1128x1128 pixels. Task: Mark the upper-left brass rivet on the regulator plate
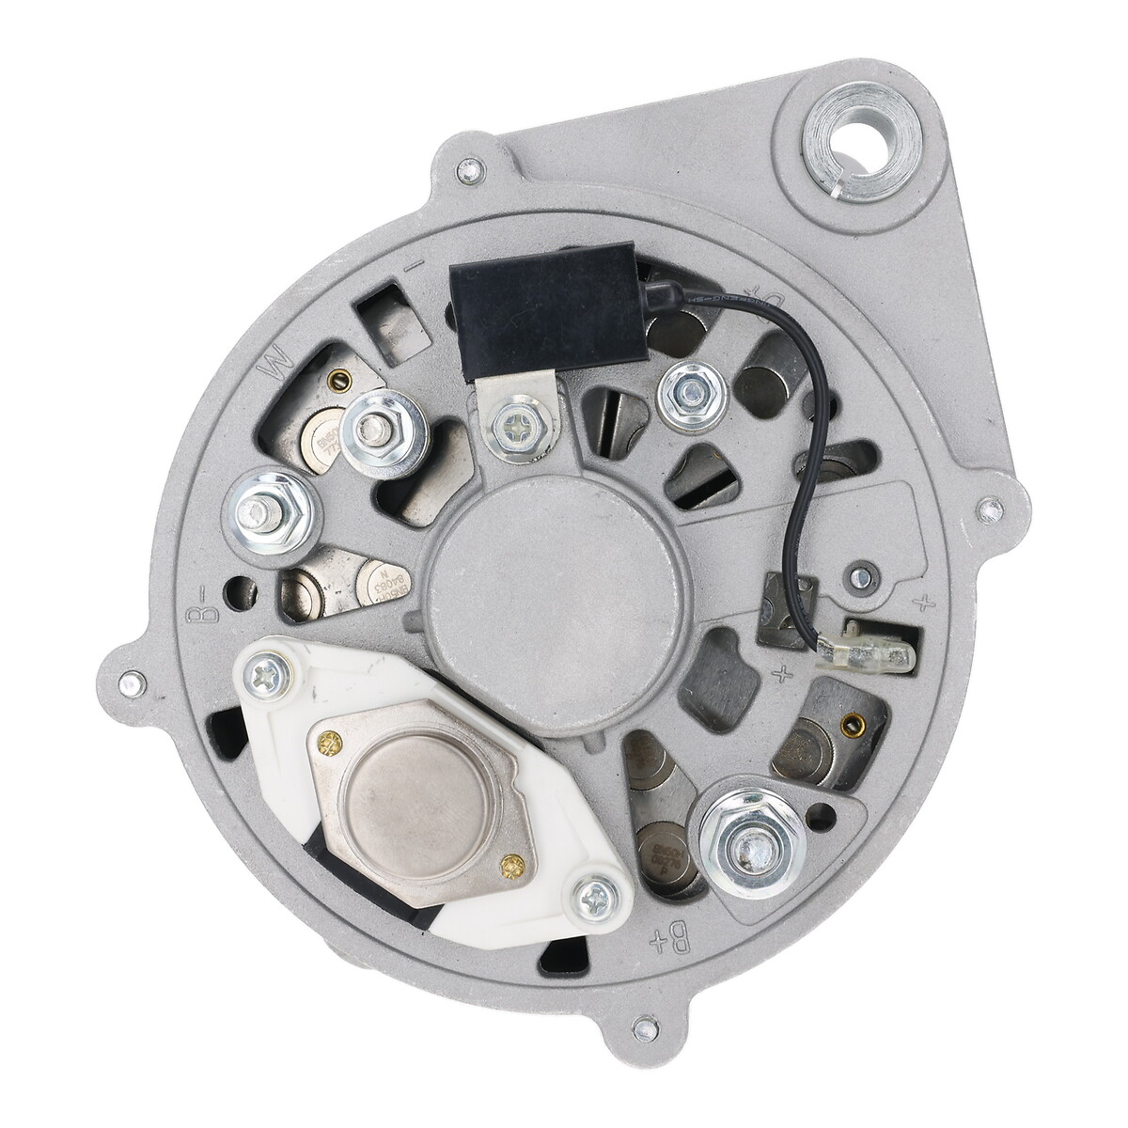pos(328,739)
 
